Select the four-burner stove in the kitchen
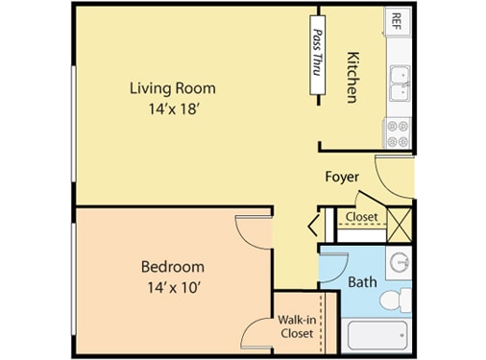[x=398, y=133]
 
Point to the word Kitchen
[x=352, y=77]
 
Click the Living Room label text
[x=173, y=88]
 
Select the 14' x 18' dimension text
[x=173, y=109]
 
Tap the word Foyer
[x=342, y=177]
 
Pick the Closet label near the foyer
[x=361, y=217]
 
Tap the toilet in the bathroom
[x=395, y=300]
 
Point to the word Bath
[x=361, y=282]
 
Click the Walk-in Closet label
[x=296, y=326]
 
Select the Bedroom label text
[x=173, y=266]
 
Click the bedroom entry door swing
[x=252, y=230]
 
